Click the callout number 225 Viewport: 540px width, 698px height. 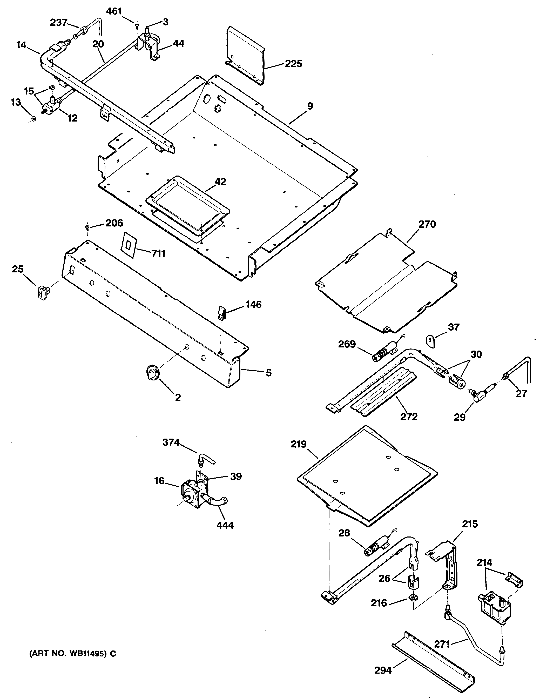click(293, 64)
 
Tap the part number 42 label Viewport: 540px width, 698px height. click(220, 182)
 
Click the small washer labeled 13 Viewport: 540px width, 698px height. click(33, 119)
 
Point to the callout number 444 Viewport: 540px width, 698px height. click(225, 525)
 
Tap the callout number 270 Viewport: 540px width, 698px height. click(427, 224)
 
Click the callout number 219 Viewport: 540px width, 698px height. click(299, 444)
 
